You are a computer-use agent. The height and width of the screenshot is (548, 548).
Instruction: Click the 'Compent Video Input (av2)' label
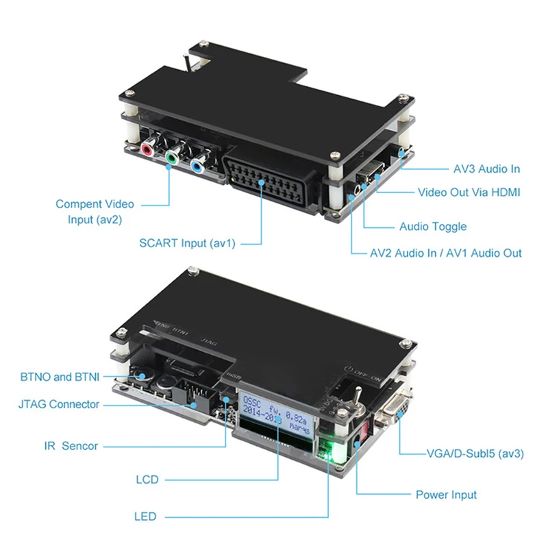[95, 210]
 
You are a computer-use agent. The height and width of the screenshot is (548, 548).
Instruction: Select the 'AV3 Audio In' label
[486, 169]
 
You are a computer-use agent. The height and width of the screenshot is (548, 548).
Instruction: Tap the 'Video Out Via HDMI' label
[469, 192]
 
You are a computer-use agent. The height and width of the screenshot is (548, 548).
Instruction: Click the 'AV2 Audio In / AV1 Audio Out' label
[446, 253]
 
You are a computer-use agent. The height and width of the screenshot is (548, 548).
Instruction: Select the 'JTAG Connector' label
[59, 404]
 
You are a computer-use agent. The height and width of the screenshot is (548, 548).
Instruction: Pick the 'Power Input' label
[446, 495]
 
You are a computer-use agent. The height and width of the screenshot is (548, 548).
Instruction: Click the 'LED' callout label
[145, 516]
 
